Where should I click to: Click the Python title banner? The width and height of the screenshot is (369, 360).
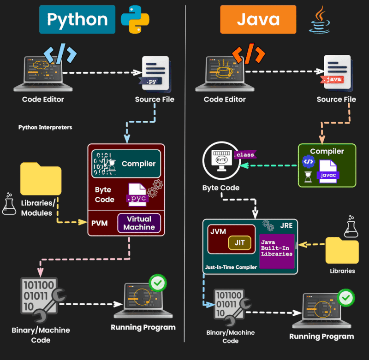click(x=77, y=19)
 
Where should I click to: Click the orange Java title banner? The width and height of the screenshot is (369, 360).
click(x=258, y=19)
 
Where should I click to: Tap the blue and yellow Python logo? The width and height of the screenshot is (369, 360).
click(x=135, y=19)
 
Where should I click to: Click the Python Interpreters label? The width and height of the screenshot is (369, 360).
click(x=45, y=127)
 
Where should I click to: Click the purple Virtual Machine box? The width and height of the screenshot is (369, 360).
click(x=139, y=223)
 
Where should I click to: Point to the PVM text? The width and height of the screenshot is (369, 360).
click(x=99, y=223)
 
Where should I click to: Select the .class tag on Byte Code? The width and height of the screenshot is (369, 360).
click(x=244, y=155)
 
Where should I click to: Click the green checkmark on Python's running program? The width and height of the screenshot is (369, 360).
click(x=158, y=283)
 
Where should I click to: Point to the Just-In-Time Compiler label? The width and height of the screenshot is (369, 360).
click(x=231, y=267)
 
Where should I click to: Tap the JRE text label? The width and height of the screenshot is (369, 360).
click(x=285, y=226)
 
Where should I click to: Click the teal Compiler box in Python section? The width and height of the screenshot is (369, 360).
click(x=126, y=164)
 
